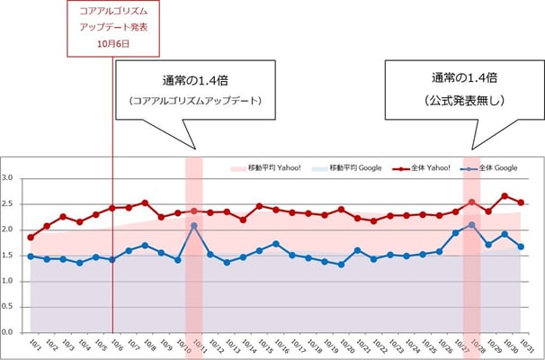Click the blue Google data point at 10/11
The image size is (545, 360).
194,226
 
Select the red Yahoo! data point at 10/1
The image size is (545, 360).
31,238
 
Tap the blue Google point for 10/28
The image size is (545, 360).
472,224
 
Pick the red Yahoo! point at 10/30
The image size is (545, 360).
505,195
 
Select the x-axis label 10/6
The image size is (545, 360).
112,346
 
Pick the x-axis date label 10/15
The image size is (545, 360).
258,346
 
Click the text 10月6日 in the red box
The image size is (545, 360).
112,43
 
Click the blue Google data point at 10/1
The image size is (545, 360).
31,256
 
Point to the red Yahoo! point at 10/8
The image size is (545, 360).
145,202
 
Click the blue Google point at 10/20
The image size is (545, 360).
341,265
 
